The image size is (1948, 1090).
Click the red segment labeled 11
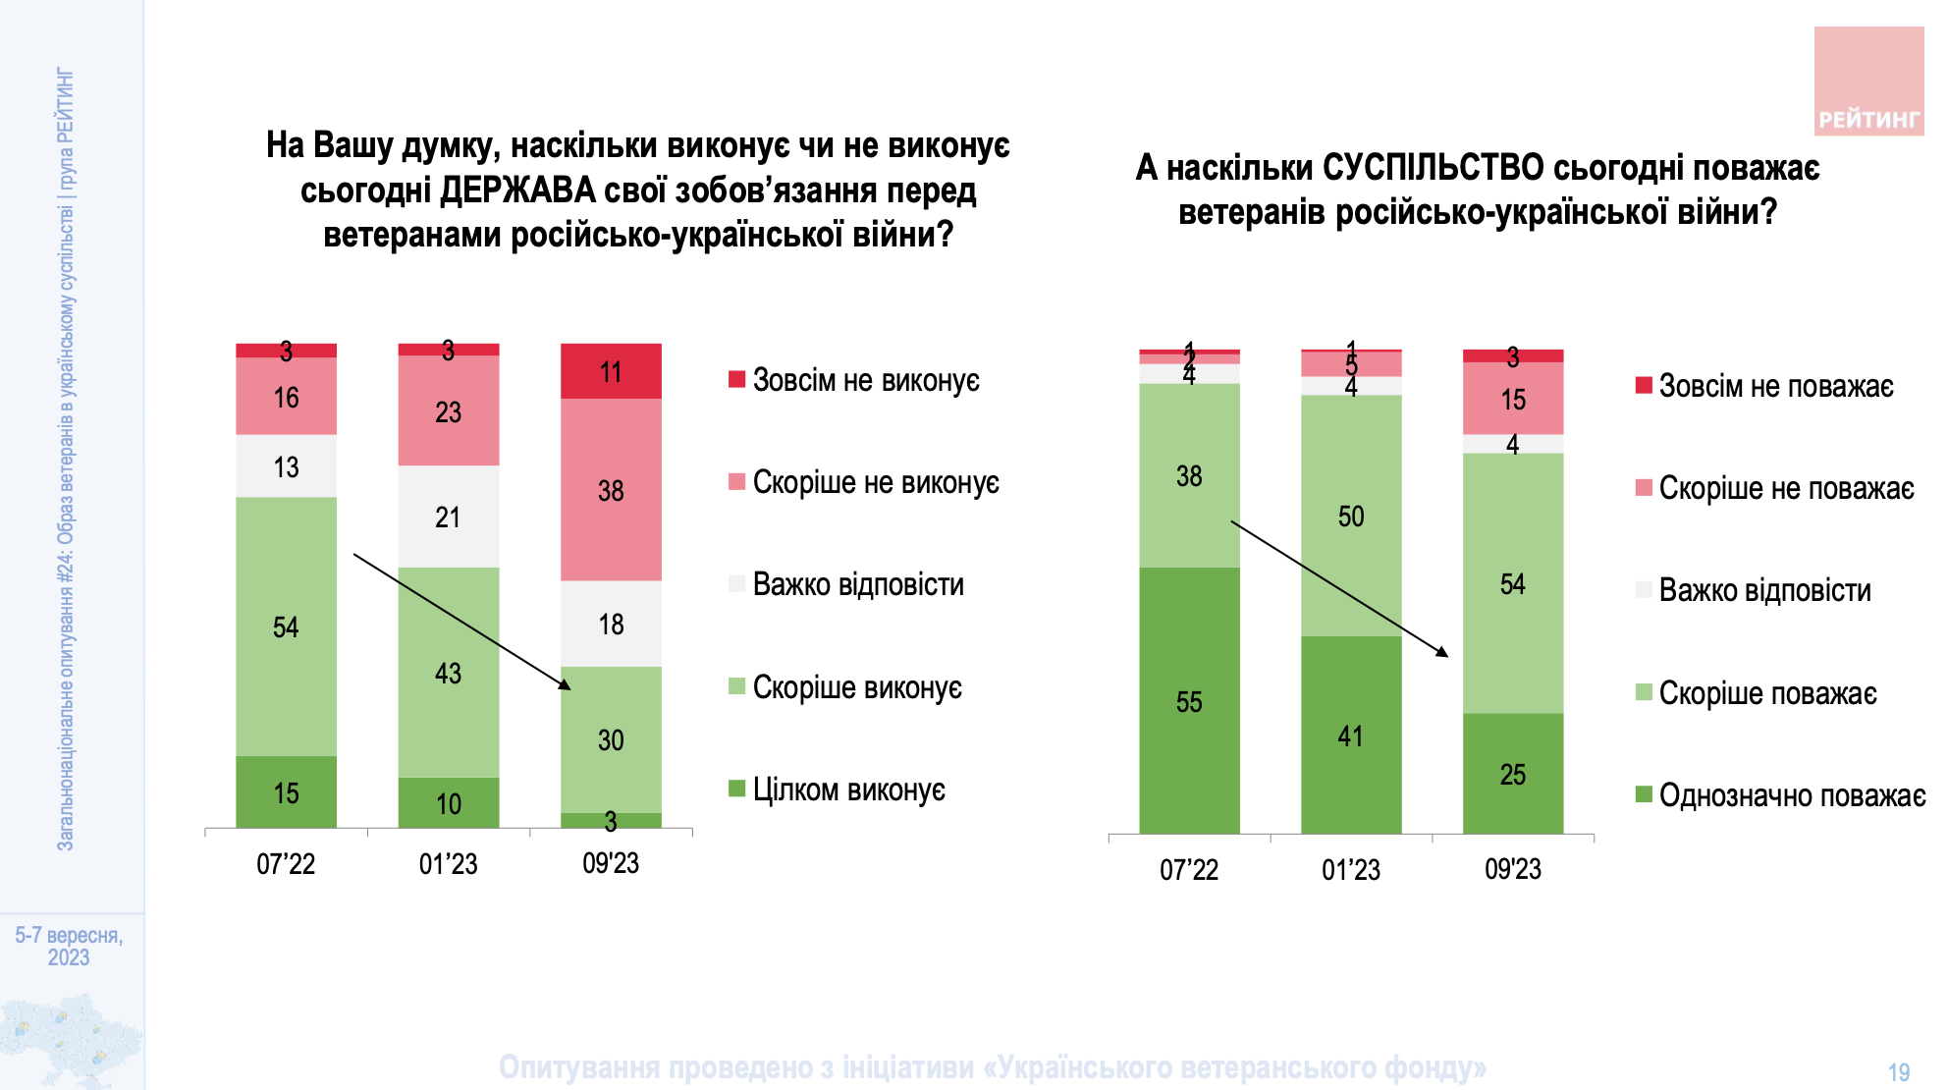pos(611,371)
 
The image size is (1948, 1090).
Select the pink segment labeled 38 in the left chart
pos(611,490)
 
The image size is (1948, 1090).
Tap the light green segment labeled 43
pos(448,673)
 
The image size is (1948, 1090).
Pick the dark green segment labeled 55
pos(1189,701)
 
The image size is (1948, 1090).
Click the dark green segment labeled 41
pos(1351,736)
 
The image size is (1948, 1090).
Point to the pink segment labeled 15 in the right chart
pos(1513,400)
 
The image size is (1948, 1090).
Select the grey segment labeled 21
pos(448,517)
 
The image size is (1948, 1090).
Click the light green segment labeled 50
pos(1351,516)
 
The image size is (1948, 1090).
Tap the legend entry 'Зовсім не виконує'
pos(865,381)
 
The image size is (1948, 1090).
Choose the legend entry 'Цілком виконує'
pos(848,790)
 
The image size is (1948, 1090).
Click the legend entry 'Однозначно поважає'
pos(1791,795)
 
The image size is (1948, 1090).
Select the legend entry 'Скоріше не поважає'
pos(1785,488)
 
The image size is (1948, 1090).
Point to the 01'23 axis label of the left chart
pos(448,864)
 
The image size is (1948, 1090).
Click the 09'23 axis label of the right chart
pos(1513,870)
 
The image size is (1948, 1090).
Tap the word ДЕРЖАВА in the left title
pos(517,191)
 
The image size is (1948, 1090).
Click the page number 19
pos(1899,1072)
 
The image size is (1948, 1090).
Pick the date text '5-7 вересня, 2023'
pos(69,946)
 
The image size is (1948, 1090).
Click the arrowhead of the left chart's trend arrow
pos(566,685)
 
